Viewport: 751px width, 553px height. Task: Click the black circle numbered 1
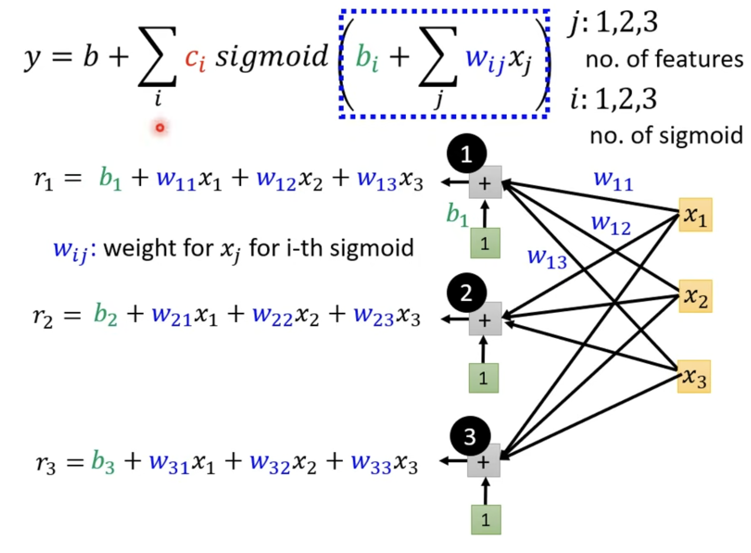pyautogui.click(x=467, y=153)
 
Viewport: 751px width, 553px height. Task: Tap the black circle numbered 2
pyautogui.click(x=467, y=293)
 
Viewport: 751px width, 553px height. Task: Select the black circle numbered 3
pyautogui.click(x=470, y=436)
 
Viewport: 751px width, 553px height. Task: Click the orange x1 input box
pyautogui.click(x=695, y=215)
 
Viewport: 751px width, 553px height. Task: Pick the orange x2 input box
pyautogui.click(x=695, y=296)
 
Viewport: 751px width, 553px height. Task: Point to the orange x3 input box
pyautogui.click(x=694, y=376)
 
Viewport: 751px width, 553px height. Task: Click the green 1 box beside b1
pyautogui.click(x=485, y=243)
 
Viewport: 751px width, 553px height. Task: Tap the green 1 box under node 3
pyautogui.click(x=486, y=519)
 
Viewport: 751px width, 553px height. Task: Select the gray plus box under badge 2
pyautogui.click(x=485, y=319)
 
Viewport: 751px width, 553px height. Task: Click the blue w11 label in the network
pyautogui.click(x=613, y=180)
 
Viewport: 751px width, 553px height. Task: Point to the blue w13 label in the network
pyautogui.click(x=547, y=258)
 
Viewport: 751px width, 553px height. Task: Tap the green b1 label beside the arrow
pyautogui.click(x=457, y=215)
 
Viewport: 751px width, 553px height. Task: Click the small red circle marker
pyautogui.click(x=160, y=128)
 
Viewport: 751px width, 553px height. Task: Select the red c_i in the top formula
pyautogui.click(x=195, y=59)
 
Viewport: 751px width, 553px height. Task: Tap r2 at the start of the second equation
pyautogui.click(x=43, y=316)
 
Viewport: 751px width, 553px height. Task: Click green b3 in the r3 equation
pyautogui.click(x=103, y=462)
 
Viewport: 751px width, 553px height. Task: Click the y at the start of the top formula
pyautogui.click(x=32, y=59)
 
